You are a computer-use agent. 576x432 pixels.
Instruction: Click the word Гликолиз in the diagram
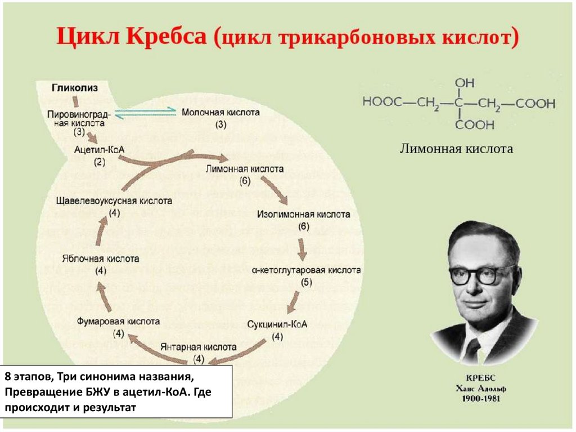[75, 88]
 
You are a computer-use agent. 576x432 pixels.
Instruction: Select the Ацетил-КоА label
[99, 150]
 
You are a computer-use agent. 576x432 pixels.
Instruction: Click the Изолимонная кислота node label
[304, 215]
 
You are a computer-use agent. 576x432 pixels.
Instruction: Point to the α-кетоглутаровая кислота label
[306, 270]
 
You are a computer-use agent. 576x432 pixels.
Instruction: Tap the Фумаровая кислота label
[118, 321]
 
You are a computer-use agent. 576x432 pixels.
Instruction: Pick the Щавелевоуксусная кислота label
[114, 201]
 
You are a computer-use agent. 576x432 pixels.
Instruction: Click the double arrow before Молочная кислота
[147, 112]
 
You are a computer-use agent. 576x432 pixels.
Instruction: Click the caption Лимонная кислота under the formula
[456, 149]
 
